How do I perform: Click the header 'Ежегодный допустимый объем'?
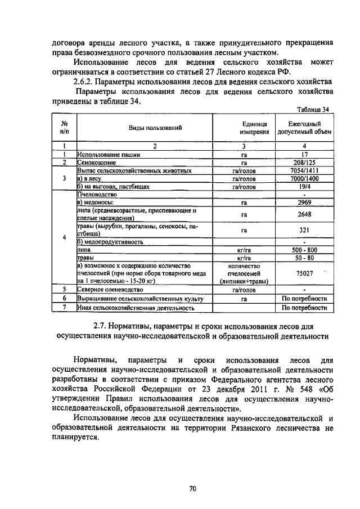(x=304, y=128)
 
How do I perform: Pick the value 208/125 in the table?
(x=304, y=162)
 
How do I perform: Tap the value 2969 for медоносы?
(x=304, y=202)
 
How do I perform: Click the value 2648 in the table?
(x=304, y=214)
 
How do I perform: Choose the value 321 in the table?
(x=304, y=230)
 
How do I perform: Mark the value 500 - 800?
(x=304, y=250)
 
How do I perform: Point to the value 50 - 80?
(x=304, y=258)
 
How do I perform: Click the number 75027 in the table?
(x=304, y=273)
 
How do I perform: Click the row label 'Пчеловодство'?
(x=97, y=194)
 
